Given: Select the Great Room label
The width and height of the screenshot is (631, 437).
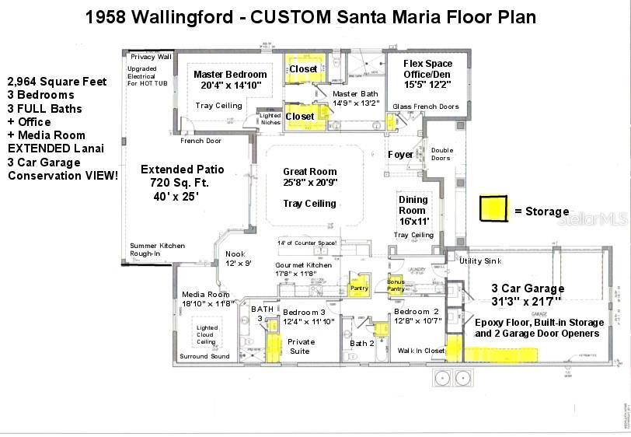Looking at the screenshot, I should pyautogui.click(x=311, y=172).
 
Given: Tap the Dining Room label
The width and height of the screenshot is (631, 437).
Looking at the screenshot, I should pyautogui.click(x=413, y=205).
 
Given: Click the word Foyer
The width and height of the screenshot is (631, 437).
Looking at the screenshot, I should pyautogui.click(x=401, y=155).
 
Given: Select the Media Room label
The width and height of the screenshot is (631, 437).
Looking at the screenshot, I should pyautogui.click(x=206, y=295).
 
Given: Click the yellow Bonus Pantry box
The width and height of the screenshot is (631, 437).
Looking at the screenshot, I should pyautogui.click(x=396, y=284).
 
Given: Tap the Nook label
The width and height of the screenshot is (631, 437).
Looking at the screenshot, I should pyautogui.click(x=235, y=254).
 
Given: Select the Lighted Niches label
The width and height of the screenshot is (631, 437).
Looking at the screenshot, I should pyautogui.click(x=270, y=119).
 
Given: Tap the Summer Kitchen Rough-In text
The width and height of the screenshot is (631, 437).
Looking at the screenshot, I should pyautogui.click(x=157, y=250).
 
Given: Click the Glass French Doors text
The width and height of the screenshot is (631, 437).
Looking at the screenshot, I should pyautogui.click(x=426, y=107).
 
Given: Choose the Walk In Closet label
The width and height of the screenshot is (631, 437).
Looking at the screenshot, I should pyautogui.click(x=421, y=351).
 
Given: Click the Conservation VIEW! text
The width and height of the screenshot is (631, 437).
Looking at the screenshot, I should pyautogui.click(x=64, y=176).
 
